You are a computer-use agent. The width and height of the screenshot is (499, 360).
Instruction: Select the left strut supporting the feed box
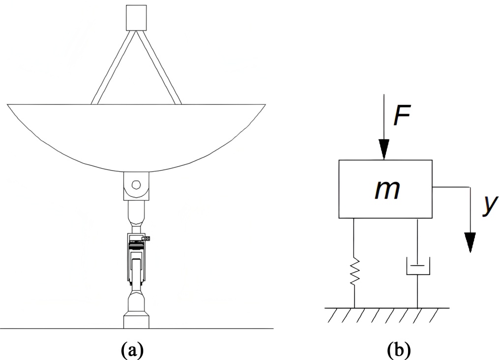pos(112,67)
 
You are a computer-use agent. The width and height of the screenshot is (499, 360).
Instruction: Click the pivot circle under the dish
pos(137,185)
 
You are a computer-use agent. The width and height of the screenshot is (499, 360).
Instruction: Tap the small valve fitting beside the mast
pos(146,239)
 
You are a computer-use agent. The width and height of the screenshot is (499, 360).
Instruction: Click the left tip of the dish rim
pos(9,105)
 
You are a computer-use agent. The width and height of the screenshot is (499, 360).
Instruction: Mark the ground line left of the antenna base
pos(59,328)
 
